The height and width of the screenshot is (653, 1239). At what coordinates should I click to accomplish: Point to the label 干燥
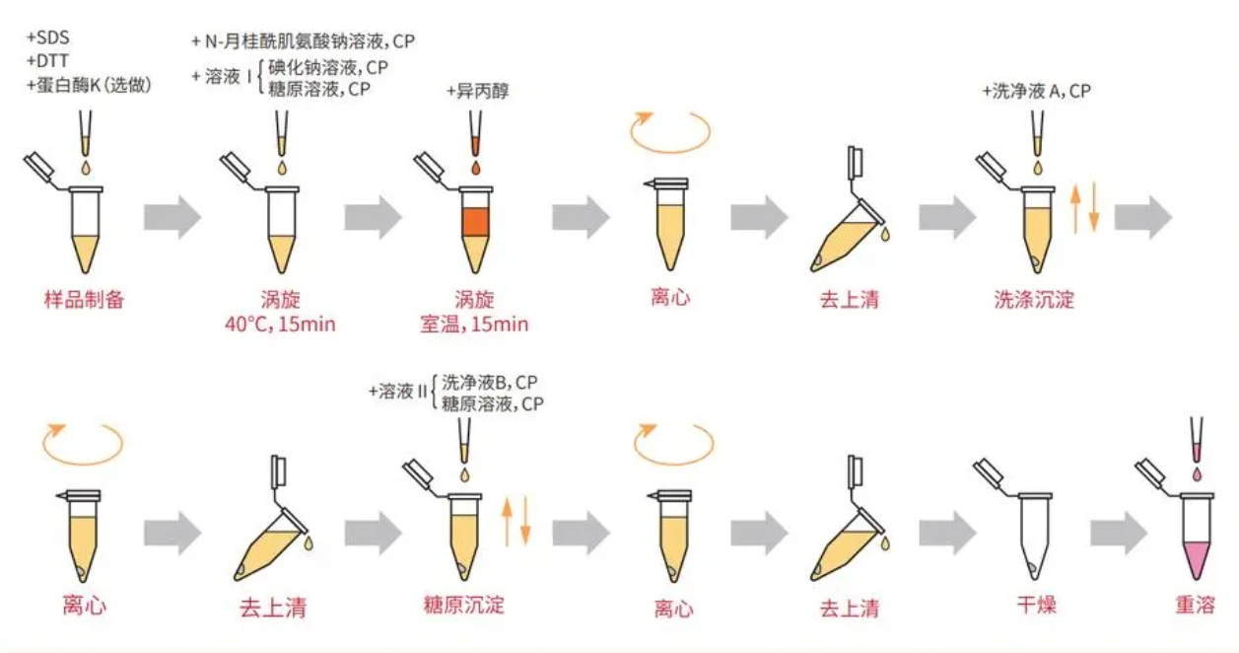(x=1036, y=604)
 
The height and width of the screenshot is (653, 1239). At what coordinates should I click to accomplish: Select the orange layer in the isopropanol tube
(x=476, y=222)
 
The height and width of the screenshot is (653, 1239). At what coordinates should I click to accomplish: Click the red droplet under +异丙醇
(x=476, y=169)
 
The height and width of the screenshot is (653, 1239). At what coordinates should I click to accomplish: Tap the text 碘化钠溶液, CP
(x=328, y=67)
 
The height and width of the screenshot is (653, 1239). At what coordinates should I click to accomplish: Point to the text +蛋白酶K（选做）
(x=89, y=85)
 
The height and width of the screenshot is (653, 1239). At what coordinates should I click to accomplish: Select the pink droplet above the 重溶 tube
(x=1197, y=473)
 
